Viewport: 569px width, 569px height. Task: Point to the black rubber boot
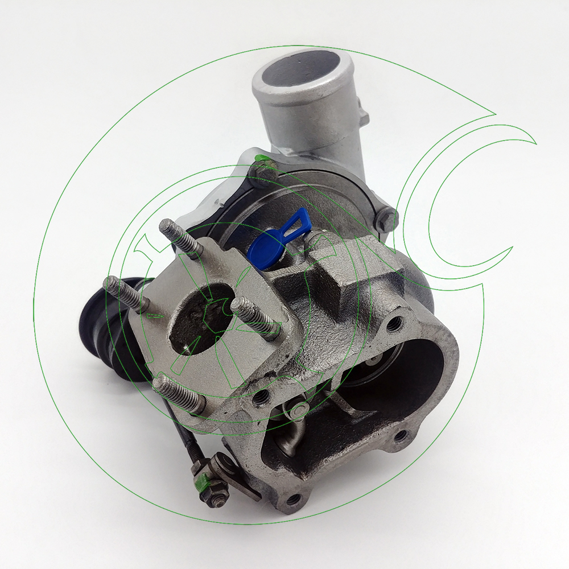coord(105,324)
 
